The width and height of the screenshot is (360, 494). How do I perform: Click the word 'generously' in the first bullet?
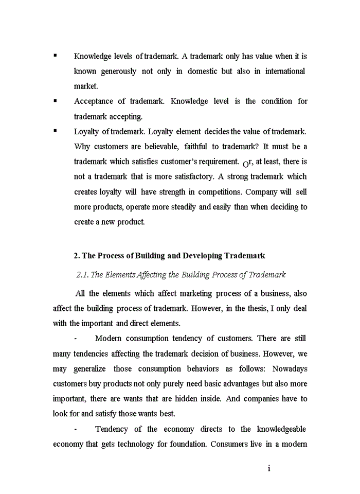116,71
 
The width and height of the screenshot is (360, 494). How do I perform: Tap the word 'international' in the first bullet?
285,71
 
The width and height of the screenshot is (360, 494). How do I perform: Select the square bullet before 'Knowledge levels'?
55,56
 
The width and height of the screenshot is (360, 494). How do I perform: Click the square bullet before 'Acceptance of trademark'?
55,101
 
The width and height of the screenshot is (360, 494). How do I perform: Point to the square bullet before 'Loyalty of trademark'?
55,131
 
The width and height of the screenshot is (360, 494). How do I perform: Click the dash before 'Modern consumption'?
76,339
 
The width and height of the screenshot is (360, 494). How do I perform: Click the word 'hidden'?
204,399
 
